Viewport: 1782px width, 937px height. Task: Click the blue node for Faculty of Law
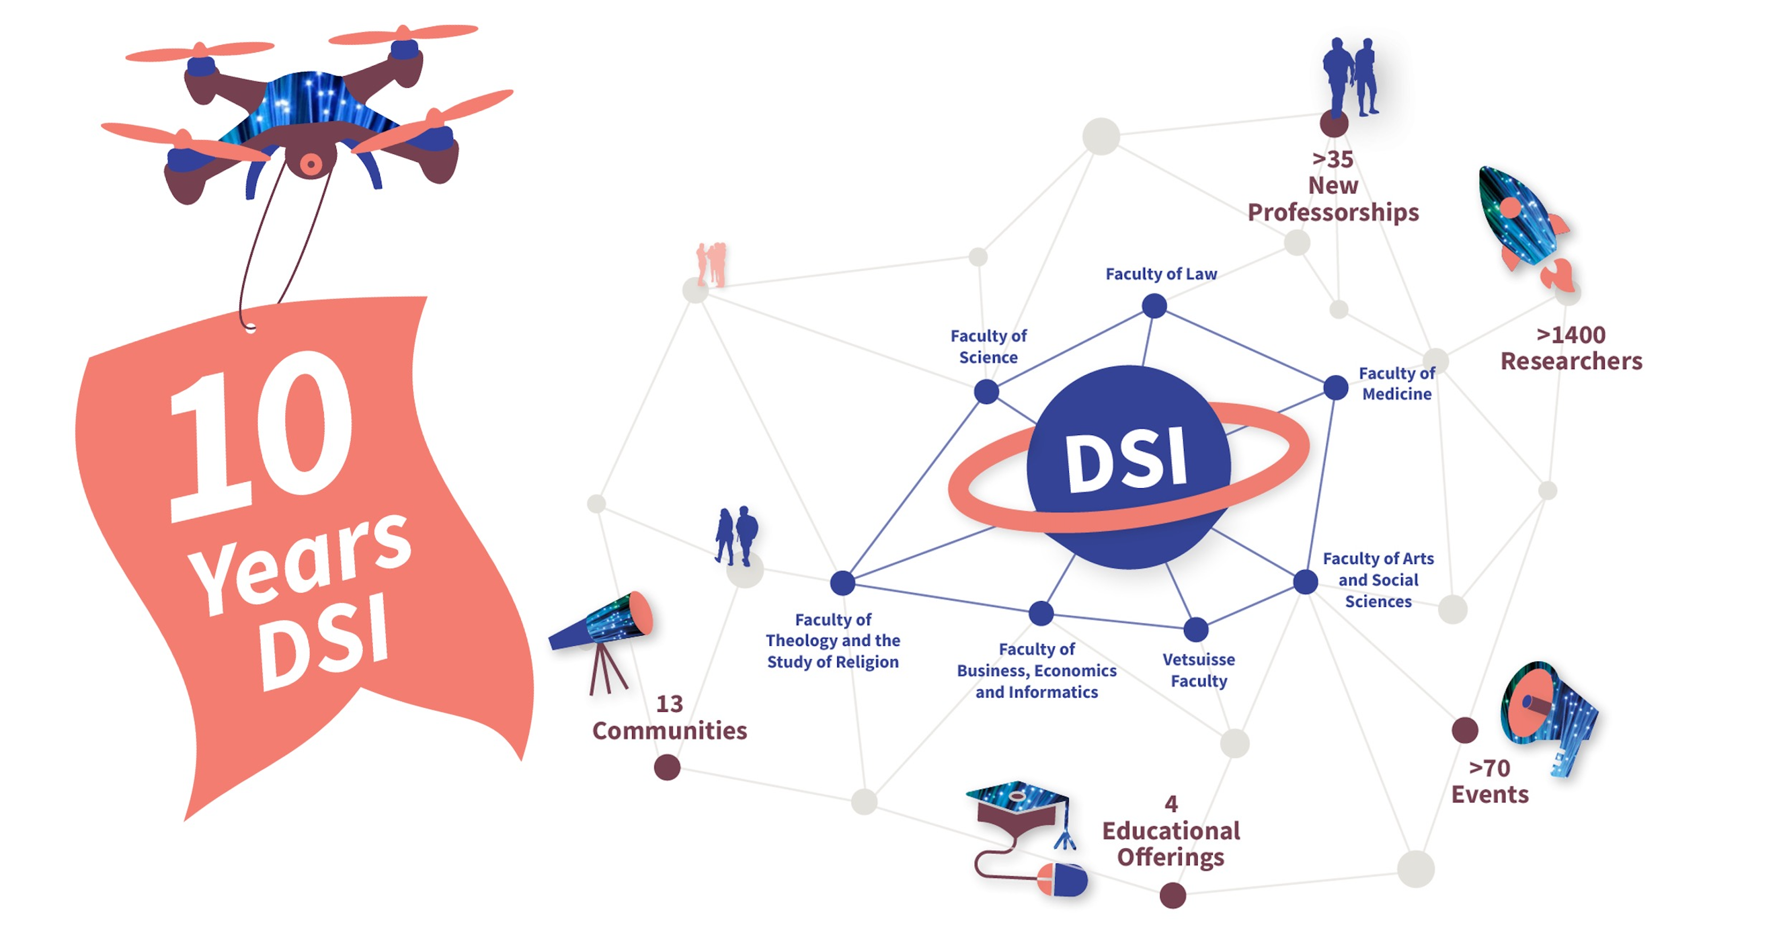click(1154, 306)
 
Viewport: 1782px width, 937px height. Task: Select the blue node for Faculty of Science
click(986, 391)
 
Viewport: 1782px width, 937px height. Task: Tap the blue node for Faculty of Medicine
click(1336, 387)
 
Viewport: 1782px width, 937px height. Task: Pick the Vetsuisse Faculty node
click(1196, 629)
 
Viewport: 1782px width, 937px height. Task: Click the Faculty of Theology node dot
click(843, 583)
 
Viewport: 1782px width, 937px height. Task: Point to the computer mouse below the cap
click(1062, 880)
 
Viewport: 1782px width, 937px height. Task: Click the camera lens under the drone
click(310, 164)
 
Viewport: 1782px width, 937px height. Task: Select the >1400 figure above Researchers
click(1571, 335)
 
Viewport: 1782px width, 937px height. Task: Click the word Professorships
click(1333, 213)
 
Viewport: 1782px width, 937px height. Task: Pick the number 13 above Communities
click(669, 704)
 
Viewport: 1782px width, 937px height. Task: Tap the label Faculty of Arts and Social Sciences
click(1378, 579)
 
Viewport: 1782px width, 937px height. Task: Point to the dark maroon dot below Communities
click(667, 767)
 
